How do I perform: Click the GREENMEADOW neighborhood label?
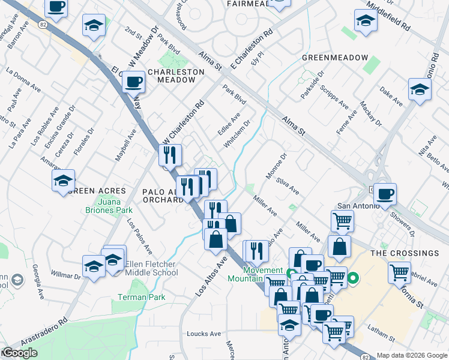(334, 57)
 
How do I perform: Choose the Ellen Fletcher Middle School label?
(152, 268)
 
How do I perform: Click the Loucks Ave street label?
(203, 334)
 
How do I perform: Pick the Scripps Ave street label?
(334, 96)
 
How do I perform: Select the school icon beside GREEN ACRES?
(63, 181)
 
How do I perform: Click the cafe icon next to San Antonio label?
(385, 194)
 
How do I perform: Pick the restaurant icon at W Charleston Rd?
(170, 155)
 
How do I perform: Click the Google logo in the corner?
(20, 353)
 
